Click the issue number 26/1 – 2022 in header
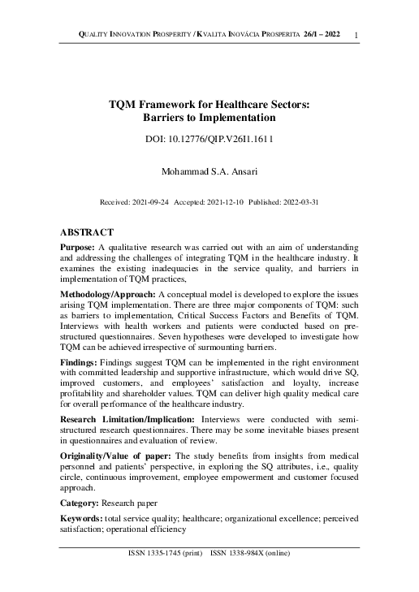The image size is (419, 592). pos(322,32)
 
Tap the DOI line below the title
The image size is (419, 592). pos(209,139)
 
